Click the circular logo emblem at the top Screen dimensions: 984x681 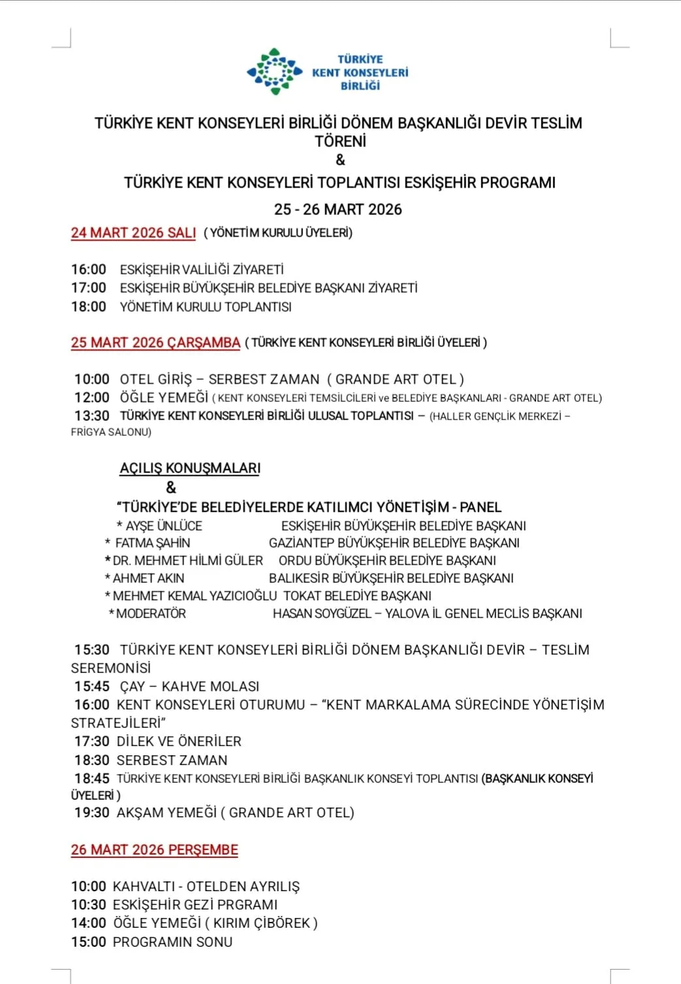tap(274, 71)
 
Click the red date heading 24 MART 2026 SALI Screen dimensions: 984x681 tap(133, 233)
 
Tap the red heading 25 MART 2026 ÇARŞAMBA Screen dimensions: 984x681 tap(155, 342)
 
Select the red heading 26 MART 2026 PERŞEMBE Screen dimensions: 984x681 tap(154, 849)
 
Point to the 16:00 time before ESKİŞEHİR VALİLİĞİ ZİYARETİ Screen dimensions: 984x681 tap(89, 269)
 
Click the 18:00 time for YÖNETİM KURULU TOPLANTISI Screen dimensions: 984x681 tap(89, 306)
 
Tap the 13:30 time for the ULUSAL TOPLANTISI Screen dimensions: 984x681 tap(91, 416)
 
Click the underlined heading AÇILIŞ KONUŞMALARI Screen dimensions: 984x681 tap(190, 468)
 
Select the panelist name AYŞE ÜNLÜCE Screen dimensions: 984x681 tap(164, 526)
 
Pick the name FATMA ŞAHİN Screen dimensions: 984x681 tap(153, 543)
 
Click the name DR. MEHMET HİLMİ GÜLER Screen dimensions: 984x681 tap(188, 561)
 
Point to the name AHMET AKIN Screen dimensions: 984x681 tap(148, 578)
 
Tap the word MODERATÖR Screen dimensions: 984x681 tap(151, 614)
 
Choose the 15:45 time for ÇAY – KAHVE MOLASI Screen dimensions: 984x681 tap(92, 686)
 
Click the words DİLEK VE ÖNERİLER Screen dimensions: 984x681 tap(179, 741)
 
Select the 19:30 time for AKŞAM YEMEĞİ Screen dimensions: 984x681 tap(92, 812)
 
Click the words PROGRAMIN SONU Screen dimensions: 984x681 tap(172, 942)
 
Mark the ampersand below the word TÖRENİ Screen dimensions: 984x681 tap(340, 159)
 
